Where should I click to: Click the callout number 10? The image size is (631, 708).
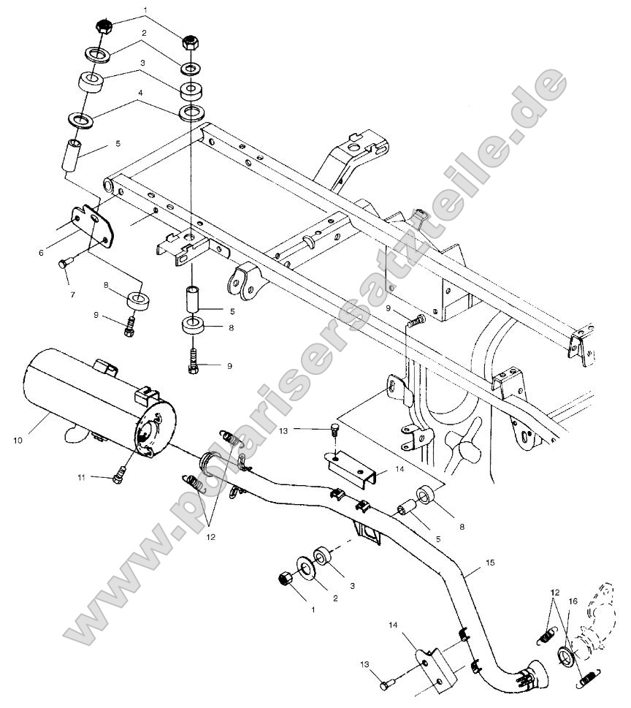coord(18,441)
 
